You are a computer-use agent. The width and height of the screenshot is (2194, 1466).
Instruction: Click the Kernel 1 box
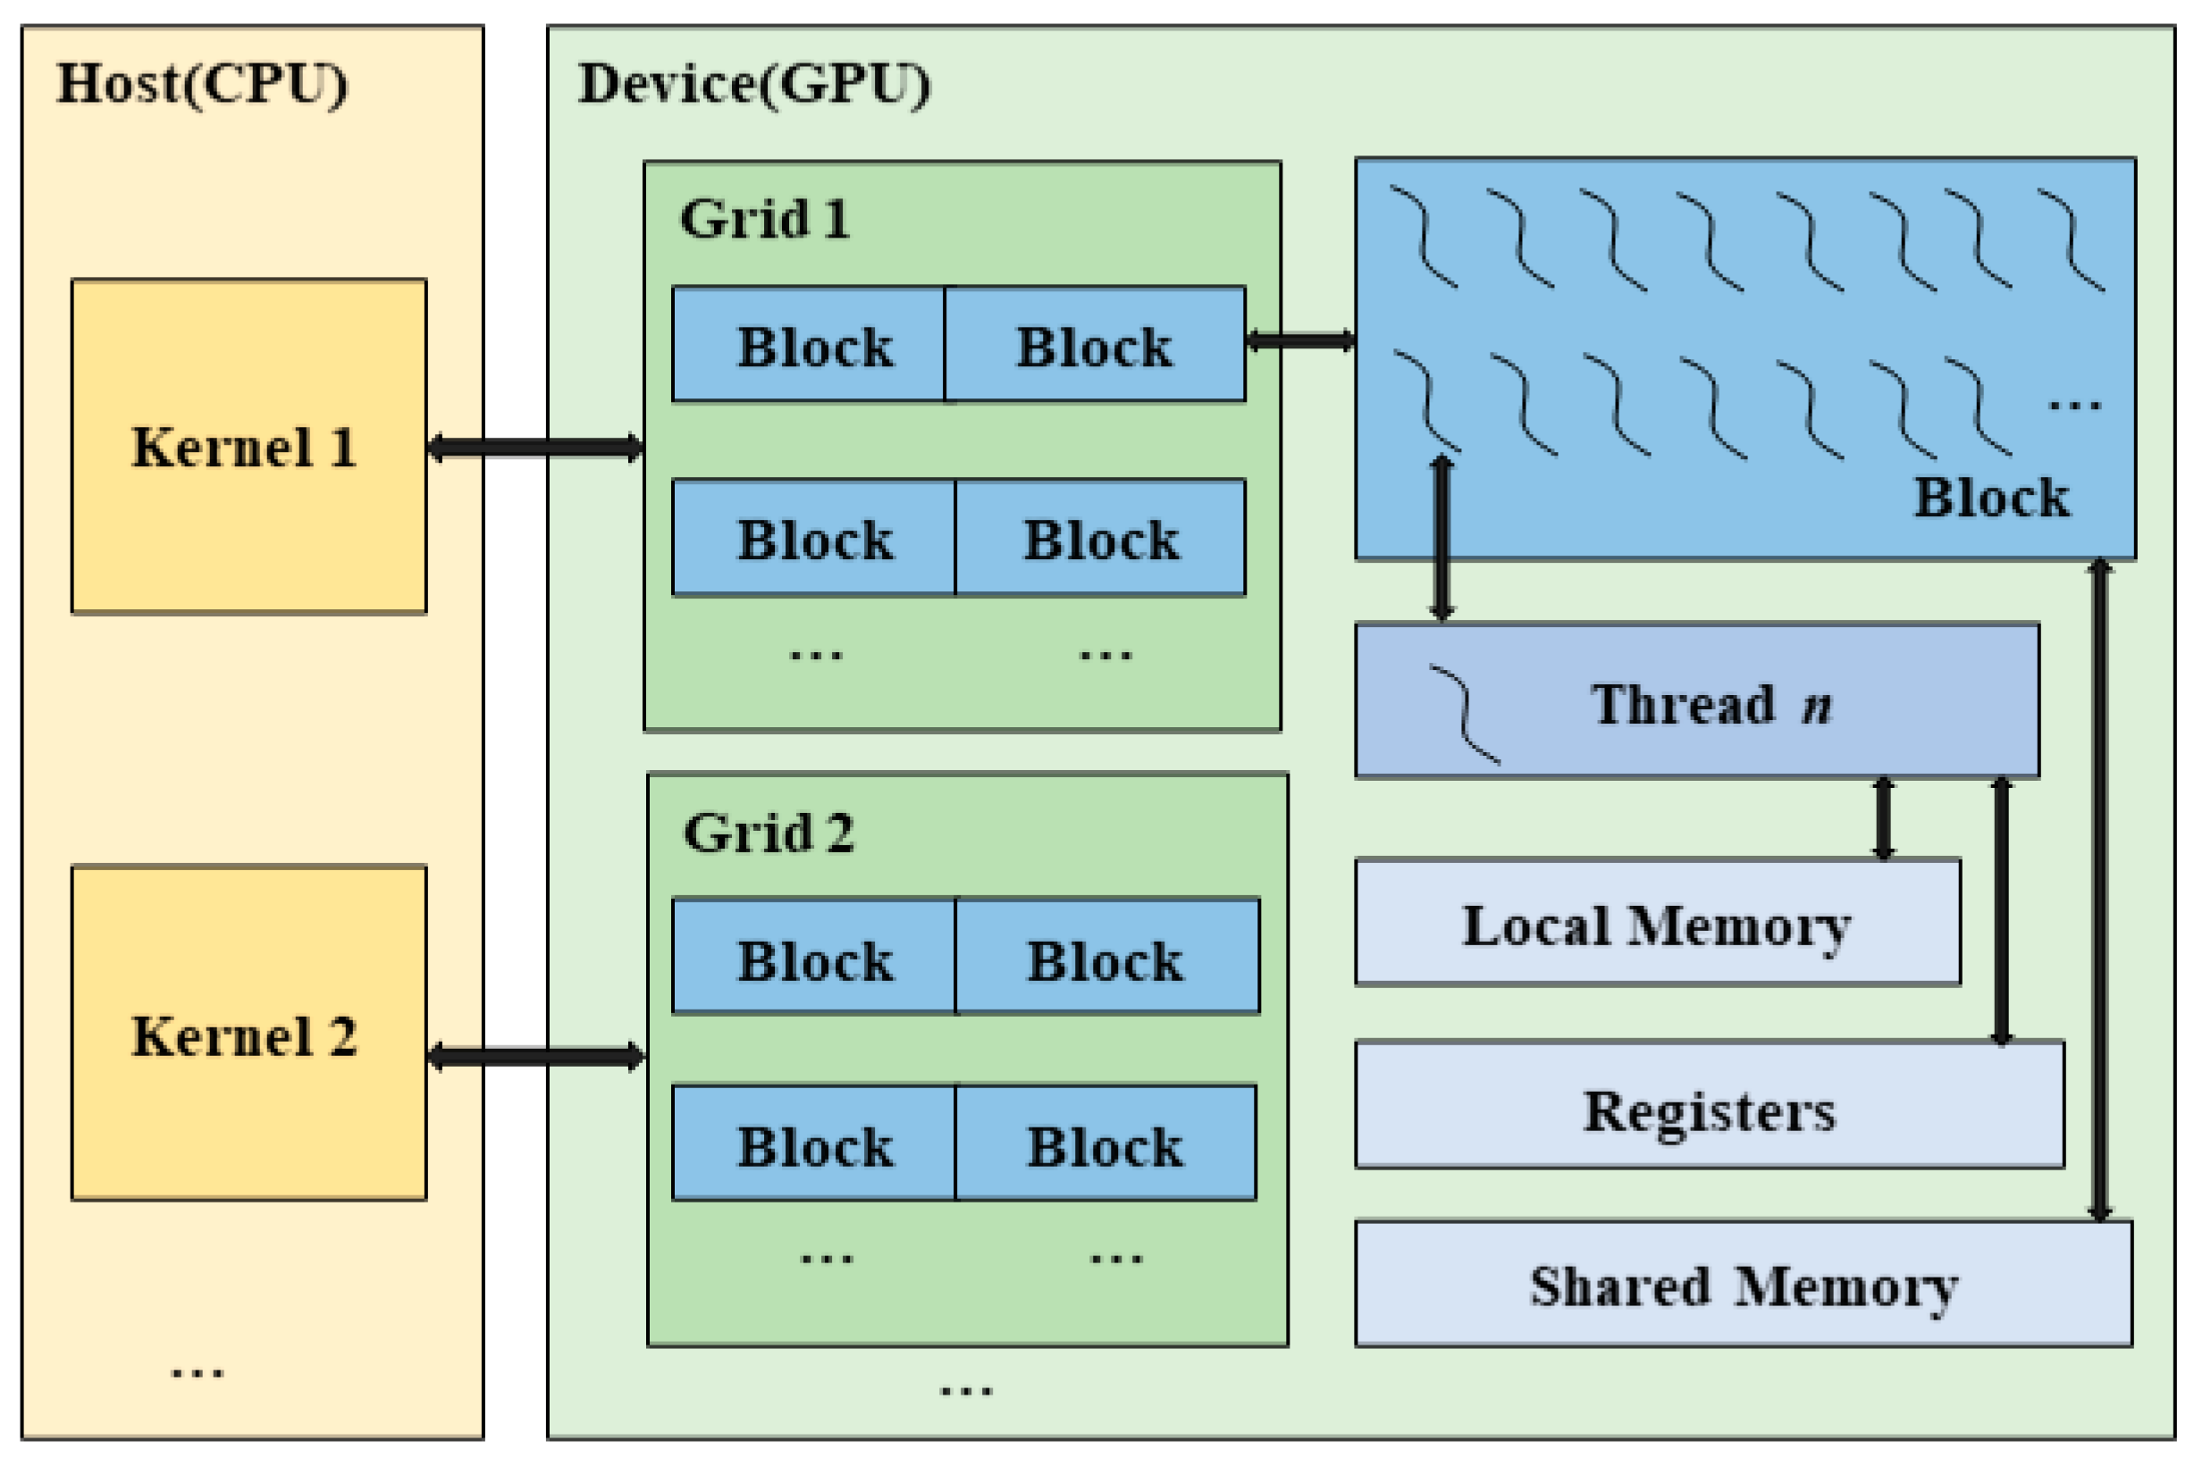248,446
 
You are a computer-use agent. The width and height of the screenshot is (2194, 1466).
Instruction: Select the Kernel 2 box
248,1032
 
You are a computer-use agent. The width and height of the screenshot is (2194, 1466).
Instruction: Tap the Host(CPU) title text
202,84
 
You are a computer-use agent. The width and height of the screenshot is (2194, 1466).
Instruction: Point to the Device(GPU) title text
753,84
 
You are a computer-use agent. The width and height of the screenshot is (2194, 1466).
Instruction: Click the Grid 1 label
764,219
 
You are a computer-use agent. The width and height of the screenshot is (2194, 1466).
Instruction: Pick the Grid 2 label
768,832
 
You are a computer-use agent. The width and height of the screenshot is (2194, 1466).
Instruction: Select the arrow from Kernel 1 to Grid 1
535,447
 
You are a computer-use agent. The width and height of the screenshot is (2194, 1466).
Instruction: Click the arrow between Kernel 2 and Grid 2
536,1058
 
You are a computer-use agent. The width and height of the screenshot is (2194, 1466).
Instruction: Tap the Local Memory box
1657,922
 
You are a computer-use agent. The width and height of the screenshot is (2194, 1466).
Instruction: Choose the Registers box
1710,1104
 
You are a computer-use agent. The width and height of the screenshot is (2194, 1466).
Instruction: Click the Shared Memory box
1744,1284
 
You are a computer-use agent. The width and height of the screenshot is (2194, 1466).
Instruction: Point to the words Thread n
1711,704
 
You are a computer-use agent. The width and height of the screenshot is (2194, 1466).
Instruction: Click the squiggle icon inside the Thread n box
1465,715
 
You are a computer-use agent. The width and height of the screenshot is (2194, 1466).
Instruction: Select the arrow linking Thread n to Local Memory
1884,818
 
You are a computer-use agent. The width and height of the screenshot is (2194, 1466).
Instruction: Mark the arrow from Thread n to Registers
2001,909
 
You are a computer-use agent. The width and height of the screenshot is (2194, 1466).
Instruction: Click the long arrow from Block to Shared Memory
2099,890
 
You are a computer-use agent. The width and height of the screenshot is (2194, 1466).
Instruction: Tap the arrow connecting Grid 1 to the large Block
1300,341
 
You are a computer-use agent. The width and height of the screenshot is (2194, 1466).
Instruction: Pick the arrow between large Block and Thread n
1442,539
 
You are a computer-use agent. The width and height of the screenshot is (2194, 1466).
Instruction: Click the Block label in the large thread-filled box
1992,497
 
